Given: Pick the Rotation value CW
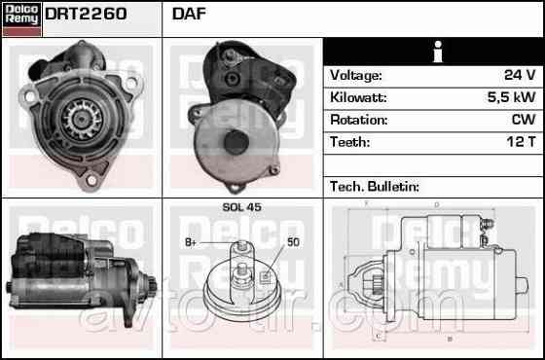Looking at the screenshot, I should (x=523, y=121).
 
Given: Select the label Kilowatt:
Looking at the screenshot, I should (x=358, y=98).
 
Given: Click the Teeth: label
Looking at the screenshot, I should (x=349, y=142).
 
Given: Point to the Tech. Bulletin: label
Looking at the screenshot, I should (x=374, y=186).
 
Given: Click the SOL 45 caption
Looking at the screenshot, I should (x=241, y=207).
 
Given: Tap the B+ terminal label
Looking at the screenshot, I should (x=191, y=241).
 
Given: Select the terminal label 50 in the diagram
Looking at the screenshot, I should (x=293, y=241).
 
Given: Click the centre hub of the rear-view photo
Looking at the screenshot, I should (x=235, y=140).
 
